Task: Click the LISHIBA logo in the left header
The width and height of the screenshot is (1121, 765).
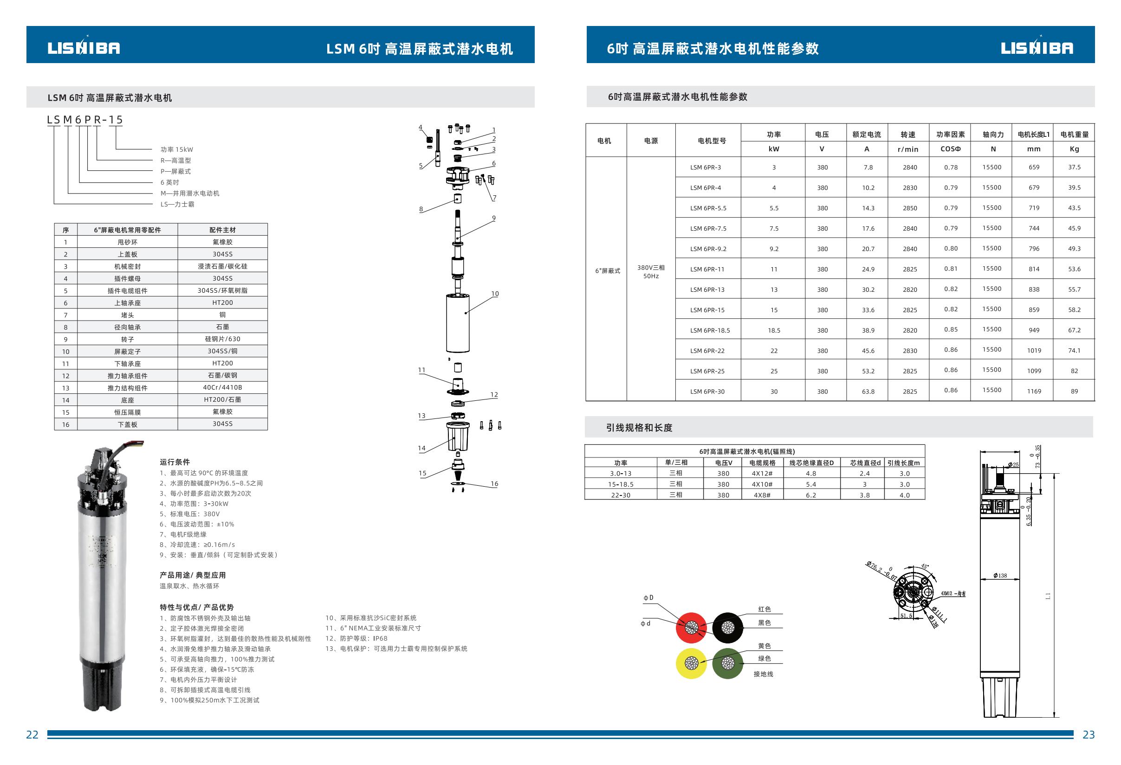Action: click(x=84, y=47)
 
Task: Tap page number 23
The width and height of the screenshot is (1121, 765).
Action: click(x=1088, y=735)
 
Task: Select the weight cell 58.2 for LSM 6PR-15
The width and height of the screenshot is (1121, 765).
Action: click(x=1074, y=310)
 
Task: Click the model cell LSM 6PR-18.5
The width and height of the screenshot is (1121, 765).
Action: click(x=710, y=331)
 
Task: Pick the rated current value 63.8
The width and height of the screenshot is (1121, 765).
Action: click(x=868, y=392)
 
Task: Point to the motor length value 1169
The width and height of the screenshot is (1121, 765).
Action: click(x=1034, y=392)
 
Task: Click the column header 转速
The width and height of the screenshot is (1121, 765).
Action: click(x=908, y=135)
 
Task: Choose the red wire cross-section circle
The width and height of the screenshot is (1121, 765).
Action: click(x=691, y=628)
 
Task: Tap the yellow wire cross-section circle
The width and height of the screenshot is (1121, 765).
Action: click(x=691, y=663)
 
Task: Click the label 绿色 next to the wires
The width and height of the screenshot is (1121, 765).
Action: click(x=764, y=658)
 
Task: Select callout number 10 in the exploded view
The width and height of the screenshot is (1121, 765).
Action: click(x=495, y=294)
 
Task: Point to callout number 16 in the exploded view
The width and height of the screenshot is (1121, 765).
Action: click(x=494, y=483)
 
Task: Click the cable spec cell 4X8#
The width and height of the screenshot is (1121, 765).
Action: click(x=762, y=495)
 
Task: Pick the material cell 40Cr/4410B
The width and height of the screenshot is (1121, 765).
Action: click(x=222, y=387)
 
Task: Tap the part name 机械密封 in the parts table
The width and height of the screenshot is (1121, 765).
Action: click(x=127, y=267)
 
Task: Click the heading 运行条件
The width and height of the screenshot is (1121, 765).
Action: click(x=175, y=462)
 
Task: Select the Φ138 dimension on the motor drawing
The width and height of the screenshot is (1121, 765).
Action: click(x=1000, y=576)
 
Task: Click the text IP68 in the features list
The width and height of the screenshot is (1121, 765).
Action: click(x=380, y=638)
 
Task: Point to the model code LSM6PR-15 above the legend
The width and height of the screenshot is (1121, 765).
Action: click(x=85, y=120)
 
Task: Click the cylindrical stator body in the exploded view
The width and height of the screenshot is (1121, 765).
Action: click(x=458, y=323)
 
